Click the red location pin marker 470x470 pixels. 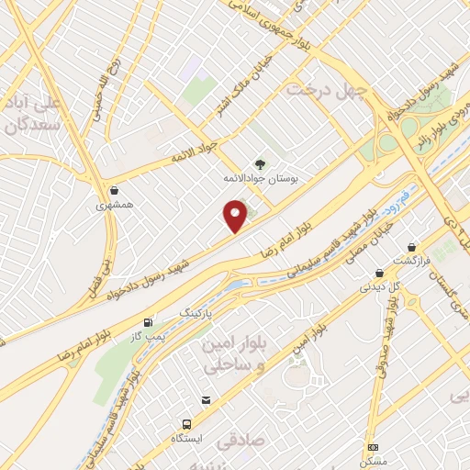pos(237,217)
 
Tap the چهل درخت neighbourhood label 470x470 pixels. pos(327,89)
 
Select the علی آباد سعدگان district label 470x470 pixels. pos(35,112)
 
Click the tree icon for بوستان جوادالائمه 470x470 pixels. pos(262,163)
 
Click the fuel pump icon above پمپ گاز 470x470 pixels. pos(149,323)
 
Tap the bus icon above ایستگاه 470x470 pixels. pos(187,424)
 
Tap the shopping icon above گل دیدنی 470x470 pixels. pos(379,273)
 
